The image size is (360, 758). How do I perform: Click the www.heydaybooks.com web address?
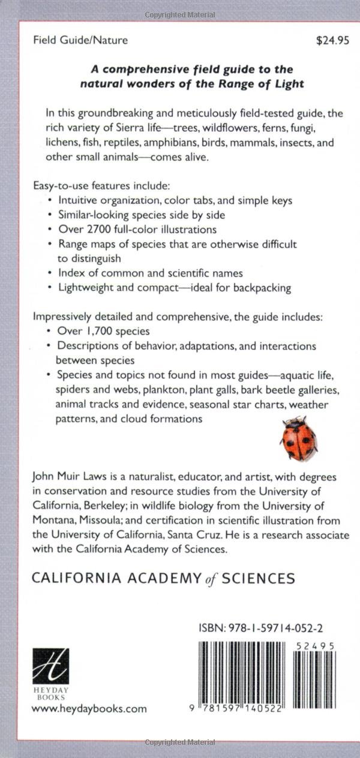pos(89,708)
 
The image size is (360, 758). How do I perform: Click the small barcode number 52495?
pos(315,645)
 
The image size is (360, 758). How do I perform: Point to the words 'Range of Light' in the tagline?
pos(263,84)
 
